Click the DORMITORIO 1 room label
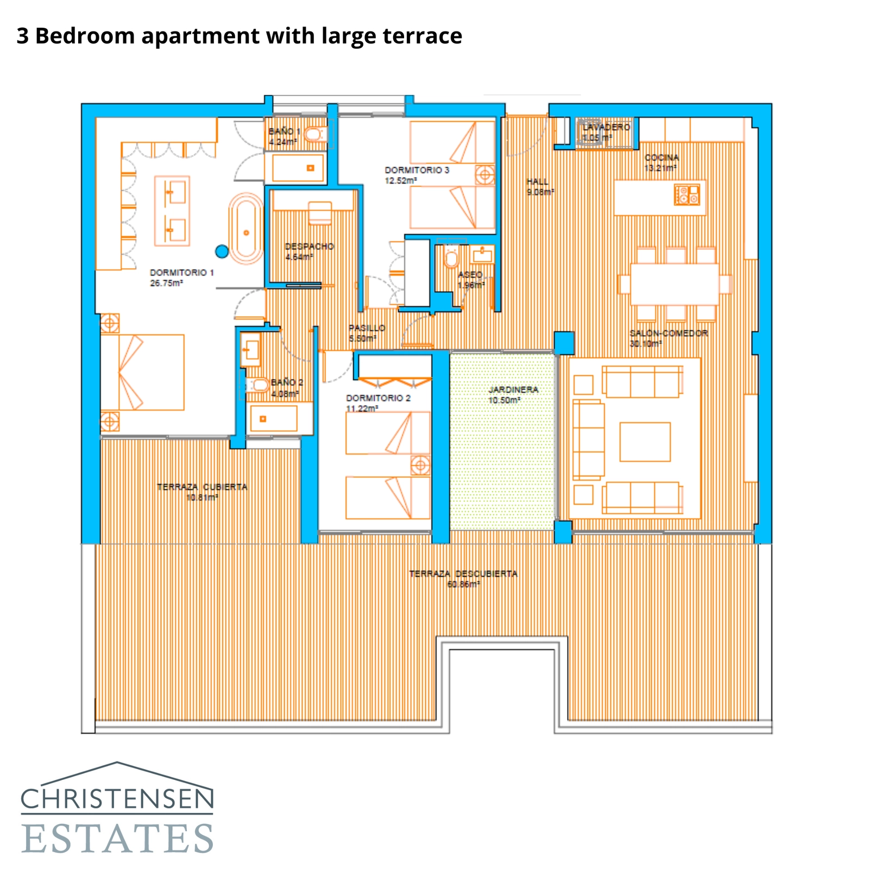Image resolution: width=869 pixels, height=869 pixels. tap(181, 273)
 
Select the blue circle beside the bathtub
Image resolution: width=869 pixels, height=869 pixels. tap(222, 251)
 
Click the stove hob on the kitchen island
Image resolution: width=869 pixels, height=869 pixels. tap(687, 194)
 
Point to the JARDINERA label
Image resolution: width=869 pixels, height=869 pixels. tap(513, 389)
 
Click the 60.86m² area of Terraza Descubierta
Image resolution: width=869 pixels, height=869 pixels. tap(463, 584)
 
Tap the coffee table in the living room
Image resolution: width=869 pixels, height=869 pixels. tap(645, 442)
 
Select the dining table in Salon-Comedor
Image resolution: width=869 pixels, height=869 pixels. tap(674, 284)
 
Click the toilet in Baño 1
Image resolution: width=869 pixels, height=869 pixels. tap(314, 133)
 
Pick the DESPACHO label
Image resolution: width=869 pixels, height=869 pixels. tap(309, 247)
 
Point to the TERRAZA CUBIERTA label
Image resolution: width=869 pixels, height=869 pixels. tap(202, 487)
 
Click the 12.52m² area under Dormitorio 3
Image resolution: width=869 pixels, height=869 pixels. tap(401, 181)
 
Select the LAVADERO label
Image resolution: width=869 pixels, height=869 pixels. tap(606, 127)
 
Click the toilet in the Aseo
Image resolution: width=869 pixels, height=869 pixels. tap(451, 258)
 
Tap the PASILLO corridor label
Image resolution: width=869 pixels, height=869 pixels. tap(367, 328)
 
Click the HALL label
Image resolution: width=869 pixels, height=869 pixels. tap(537, 181)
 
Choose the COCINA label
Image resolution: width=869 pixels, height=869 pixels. tap(662, 158)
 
